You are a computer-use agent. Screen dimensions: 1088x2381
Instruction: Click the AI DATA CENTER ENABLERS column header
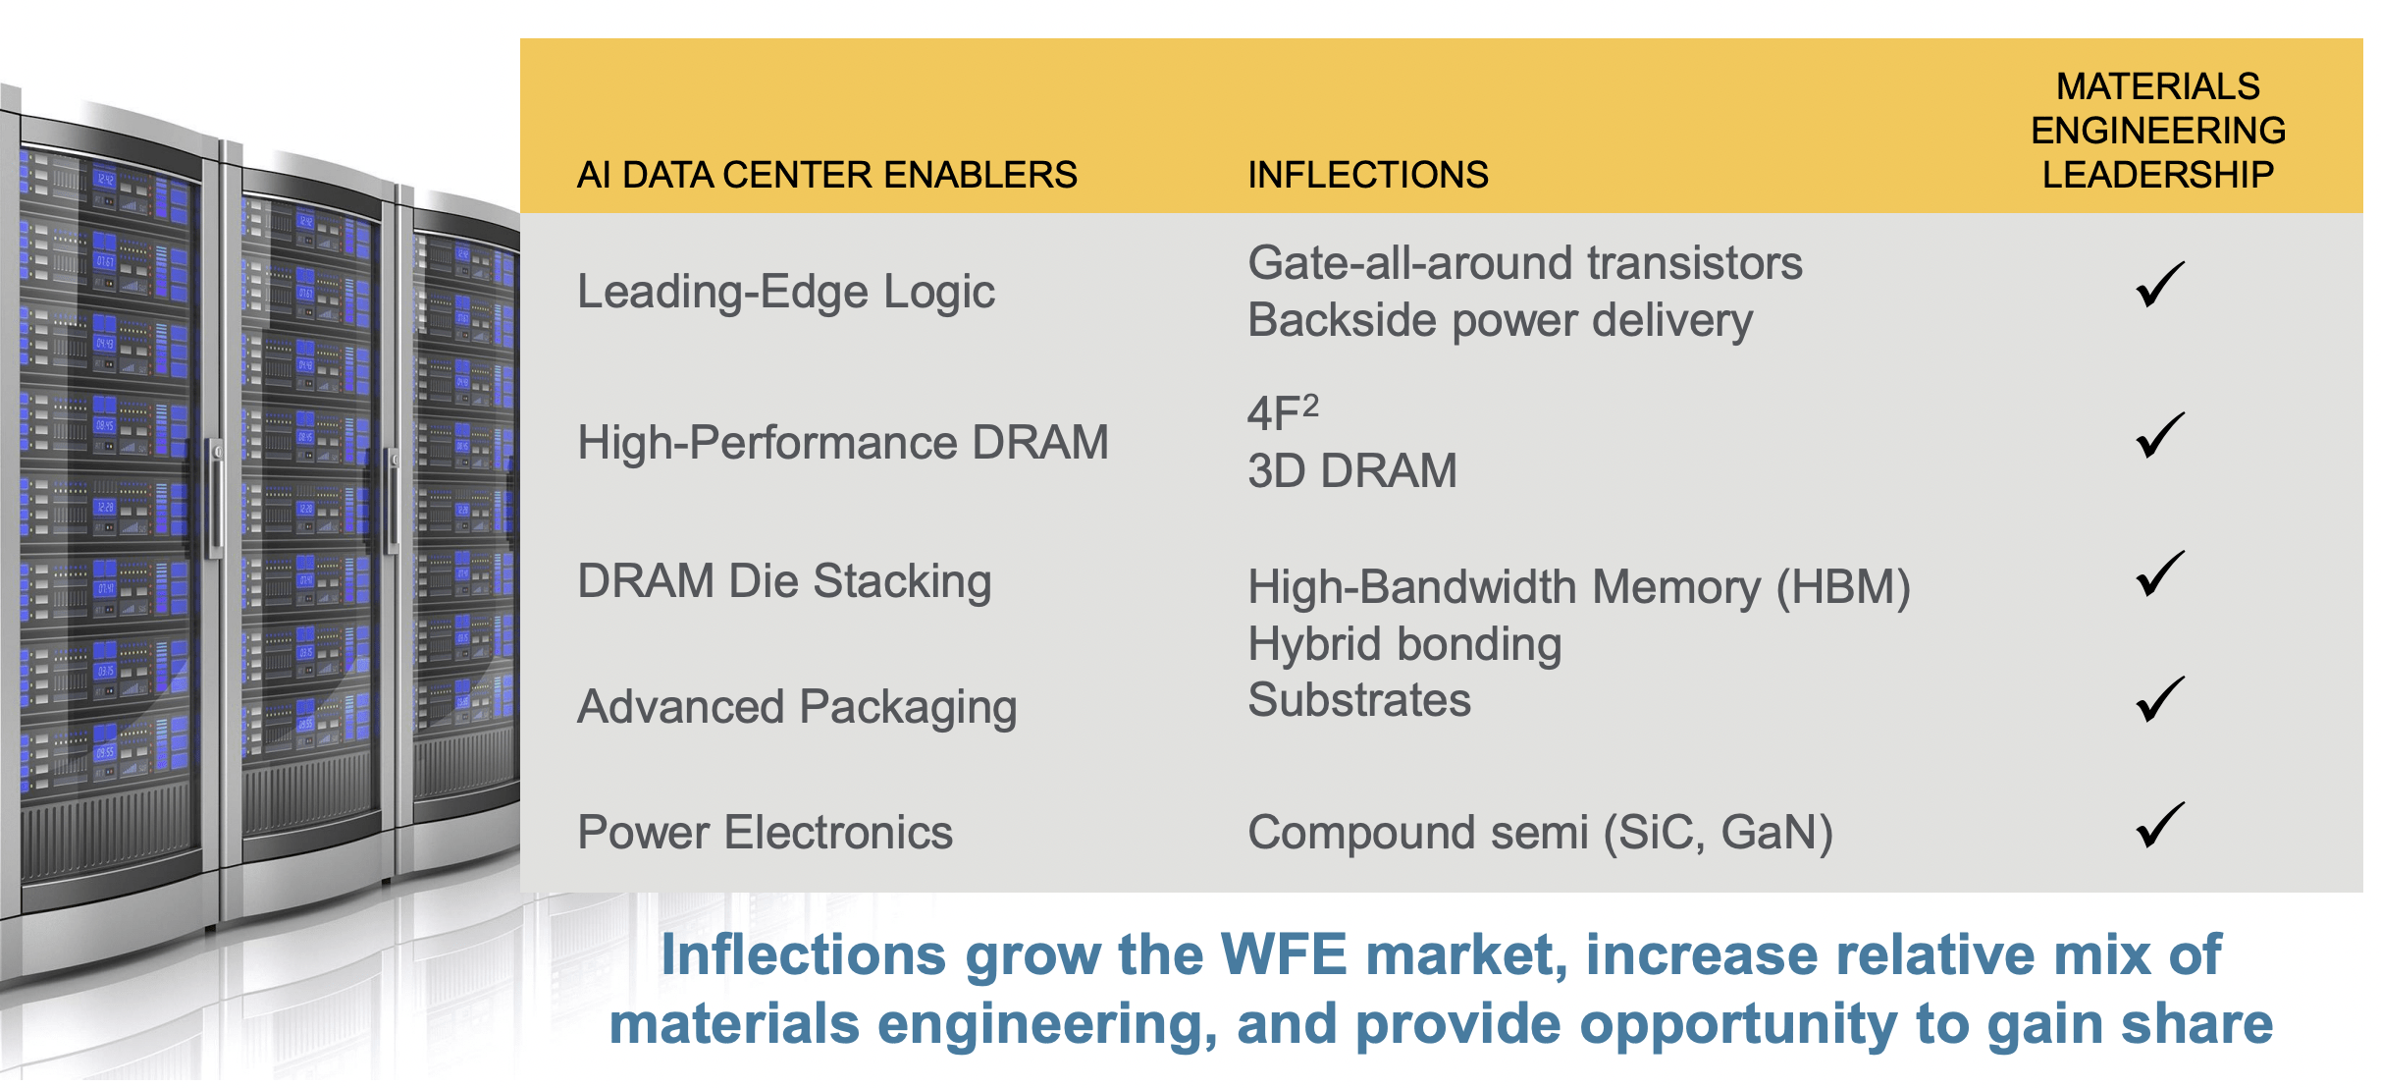(826, 175)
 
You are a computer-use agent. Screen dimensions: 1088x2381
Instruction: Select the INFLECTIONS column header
(1367, 175)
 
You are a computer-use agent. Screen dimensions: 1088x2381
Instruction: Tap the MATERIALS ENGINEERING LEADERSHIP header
(2157, 131)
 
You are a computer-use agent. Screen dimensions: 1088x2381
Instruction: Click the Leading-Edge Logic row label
(785, 292)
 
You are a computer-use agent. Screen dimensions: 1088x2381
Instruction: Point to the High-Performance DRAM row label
(842, 443)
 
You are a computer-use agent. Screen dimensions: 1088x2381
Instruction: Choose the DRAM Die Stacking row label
(783, 581)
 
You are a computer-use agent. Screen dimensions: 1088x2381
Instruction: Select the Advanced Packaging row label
(796, 707)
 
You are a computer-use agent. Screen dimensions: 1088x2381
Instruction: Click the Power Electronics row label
(765, 833)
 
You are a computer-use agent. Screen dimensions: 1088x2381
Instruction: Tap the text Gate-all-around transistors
(1524, 263)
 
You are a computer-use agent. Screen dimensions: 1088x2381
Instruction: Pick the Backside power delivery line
(1500, 320)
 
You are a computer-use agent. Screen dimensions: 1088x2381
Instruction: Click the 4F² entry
(1282, 412)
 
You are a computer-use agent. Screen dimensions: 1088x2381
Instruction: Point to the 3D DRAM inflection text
(1351, 471)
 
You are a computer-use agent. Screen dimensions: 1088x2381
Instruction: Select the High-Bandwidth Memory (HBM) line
(1578, 587)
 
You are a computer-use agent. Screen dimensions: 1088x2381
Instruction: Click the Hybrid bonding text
(1403, 644)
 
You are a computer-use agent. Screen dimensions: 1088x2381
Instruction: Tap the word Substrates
(1358, 700)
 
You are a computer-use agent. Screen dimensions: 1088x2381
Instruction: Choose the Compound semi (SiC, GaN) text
(1539, 833)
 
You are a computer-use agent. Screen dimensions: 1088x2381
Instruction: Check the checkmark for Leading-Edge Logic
(2159, 285)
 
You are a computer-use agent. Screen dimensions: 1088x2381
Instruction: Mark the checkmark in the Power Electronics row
(2159, 825)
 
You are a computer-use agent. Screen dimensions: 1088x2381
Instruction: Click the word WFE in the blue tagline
(1284, 954)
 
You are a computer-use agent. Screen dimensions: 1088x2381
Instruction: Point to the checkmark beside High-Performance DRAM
(2159, 436)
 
